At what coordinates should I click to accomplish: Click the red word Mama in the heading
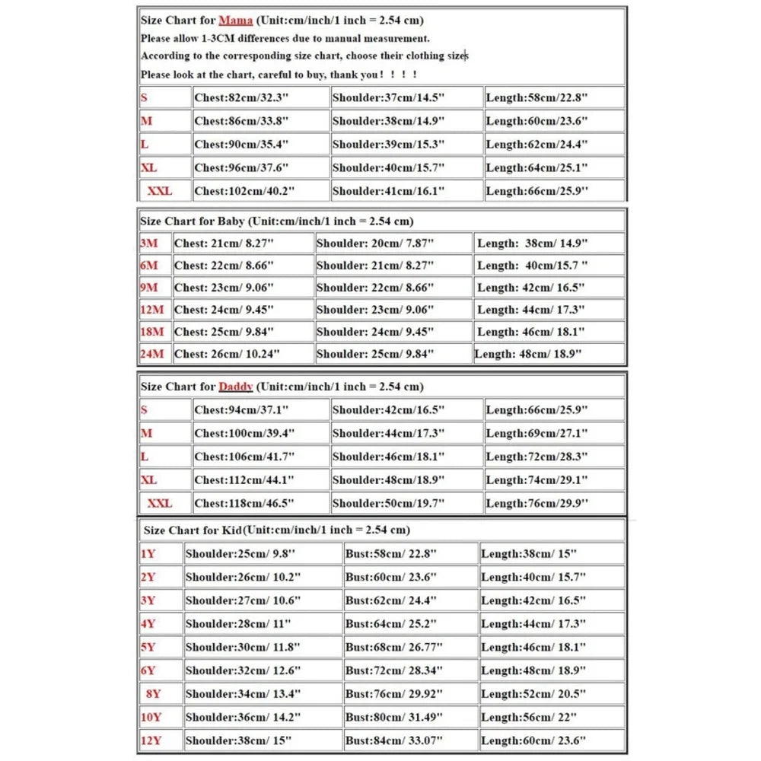pos(235,21)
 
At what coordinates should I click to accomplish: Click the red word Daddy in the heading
pos(236,387)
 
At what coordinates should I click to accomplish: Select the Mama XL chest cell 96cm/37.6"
pos(244,167)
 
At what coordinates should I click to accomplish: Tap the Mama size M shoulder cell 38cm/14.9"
pos(389,121)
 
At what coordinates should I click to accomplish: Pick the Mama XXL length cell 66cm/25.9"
pos(537,191)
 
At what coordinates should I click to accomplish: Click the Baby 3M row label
pos(149,244)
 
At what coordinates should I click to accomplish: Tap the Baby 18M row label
pos(151,332)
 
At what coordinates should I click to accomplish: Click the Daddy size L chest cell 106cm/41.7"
pos(244,457)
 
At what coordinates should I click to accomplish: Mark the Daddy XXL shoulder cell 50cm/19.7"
pos(389,504)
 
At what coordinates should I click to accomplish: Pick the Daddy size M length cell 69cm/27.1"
pos(537,433)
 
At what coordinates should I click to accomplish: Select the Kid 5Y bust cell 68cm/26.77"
pos(391,648)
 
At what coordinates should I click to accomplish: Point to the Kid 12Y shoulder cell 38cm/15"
pos(243,740)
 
